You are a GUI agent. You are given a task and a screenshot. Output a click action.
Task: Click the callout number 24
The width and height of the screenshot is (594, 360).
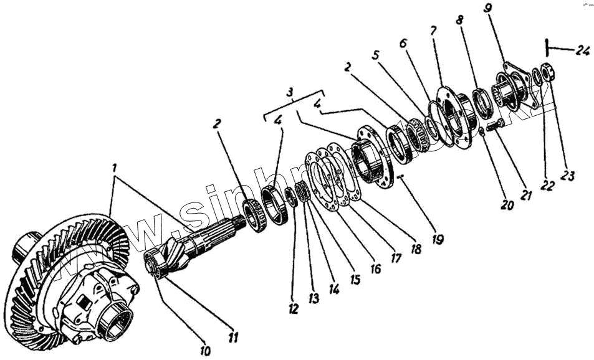coord(582,51)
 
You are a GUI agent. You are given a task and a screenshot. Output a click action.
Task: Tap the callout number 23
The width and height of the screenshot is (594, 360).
coord(567,176)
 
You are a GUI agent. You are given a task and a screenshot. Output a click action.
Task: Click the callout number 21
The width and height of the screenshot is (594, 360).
coord(527,196)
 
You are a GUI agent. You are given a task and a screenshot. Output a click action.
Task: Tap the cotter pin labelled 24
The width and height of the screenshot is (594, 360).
coord(547,47)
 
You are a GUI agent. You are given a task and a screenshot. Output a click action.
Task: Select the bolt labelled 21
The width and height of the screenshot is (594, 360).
coord(495,125)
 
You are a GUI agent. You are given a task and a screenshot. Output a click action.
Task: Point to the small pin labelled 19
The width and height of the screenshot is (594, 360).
coord(401,178)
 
